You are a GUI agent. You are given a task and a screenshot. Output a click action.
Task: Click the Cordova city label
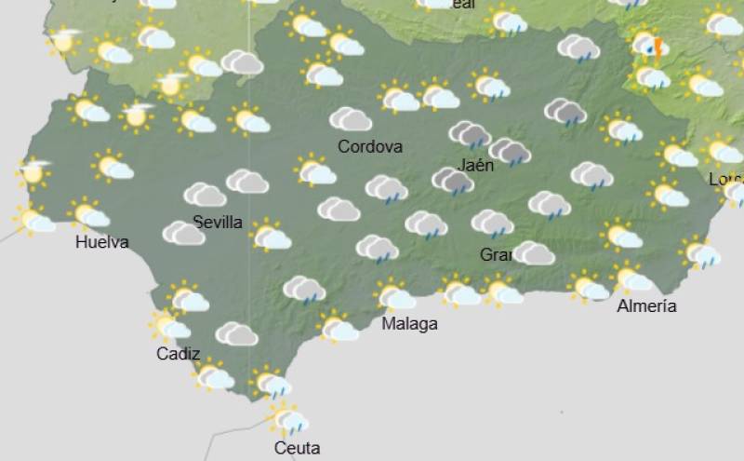[x=370, y=146]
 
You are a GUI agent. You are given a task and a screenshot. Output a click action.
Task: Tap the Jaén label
[x=476, y=166]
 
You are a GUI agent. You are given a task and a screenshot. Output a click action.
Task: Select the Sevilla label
[x=218, y=222]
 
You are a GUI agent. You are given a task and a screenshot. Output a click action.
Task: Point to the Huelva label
[x=102, y=243]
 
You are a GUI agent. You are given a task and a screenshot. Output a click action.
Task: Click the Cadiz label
[x=178, y=353]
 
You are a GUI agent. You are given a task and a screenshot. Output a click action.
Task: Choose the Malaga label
[x=409, y=323]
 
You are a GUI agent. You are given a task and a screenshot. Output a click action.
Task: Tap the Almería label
[x=646, y=305]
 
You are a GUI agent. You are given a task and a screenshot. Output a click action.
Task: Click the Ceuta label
[x=297, y=448]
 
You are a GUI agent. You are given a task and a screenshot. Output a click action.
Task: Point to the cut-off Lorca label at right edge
[x=725, y=178]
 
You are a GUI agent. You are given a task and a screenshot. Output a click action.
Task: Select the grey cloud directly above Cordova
[x=352, y=119]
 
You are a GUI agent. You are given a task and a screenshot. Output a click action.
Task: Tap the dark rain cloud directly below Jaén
[x=453, y=182]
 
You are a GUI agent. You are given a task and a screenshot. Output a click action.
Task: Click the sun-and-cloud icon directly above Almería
[x=631, y=278]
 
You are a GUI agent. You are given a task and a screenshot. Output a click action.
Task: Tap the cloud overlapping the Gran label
[x=534, y=252]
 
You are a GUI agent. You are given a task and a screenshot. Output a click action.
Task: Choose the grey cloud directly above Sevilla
[x=206, y=195]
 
